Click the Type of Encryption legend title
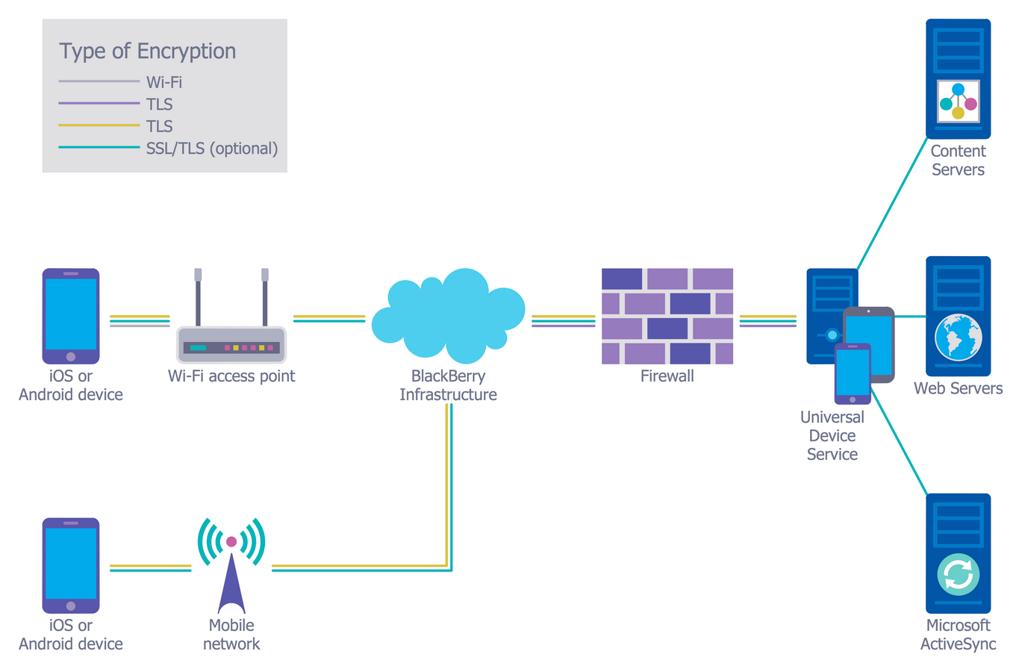tap(147, 51)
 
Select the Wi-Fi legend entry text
tap(163, 82)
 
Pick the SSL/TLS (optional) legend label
tap(211, 149)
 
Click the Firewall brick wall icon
tap(667, 316)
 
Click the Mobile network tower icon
tap(231, 567)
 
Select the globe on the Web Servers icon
tap(958, 337)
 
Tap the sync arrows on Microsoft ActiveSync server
tap(958, 575)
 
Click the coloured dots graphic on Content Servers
tap(958, 102)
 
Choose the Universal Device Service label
tap(832, 436)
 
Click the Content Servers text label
tap(958, 161)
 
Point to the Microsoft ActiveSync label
tap(958, 635)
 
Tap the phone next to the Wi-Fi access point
tap(71, 316)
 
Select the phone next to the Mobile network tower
tap(71, 565)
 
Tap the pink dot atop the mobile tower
tap(231, 541)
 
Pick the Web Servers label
tap(958, 388)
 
